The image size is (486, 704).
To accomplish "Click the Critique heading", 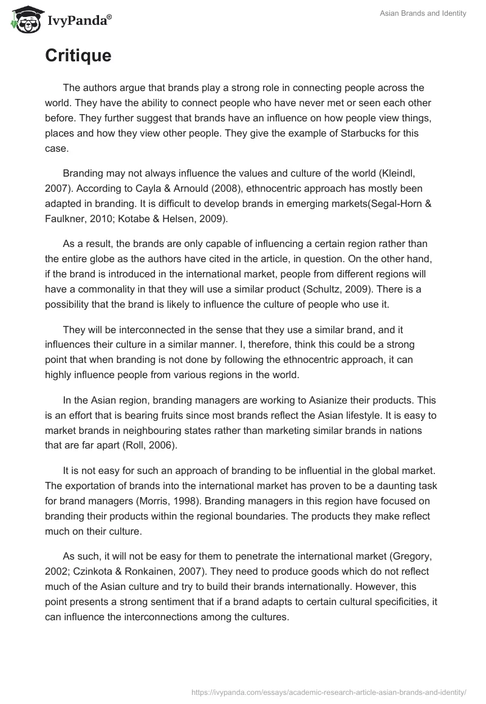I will tap(78, 56).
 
